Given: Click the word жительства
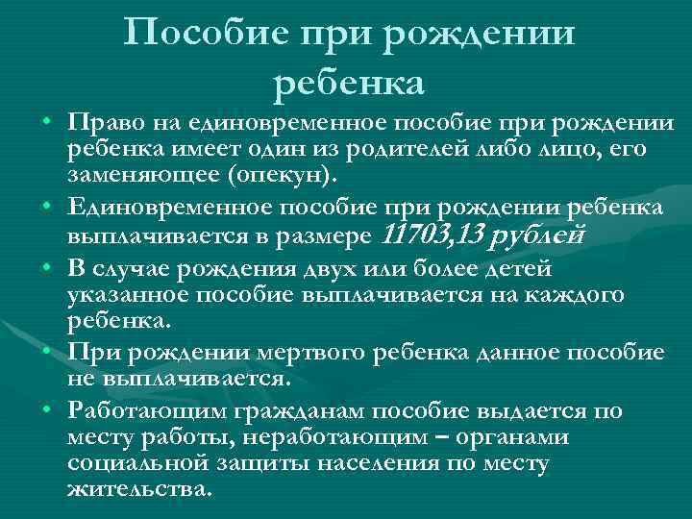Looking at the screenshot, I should pyautogui.click(x=137, y=489).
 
